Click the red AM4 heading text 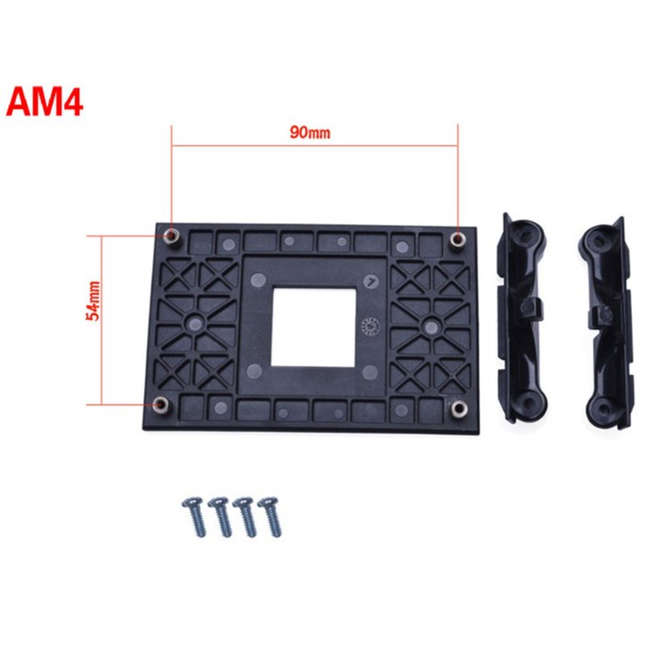tap(44, 103)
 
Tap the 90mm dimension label tap(310, 132)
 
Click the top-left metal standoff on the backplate tap(170, 237)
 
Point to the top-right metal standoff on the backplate tap(458, 239)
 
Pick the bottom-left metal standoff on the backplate tap(161, 405)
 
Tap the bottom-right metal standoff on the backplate tap(459, 409)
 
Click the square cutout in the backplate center tap(314, 328)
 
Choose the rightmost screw tap(270, 516)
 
